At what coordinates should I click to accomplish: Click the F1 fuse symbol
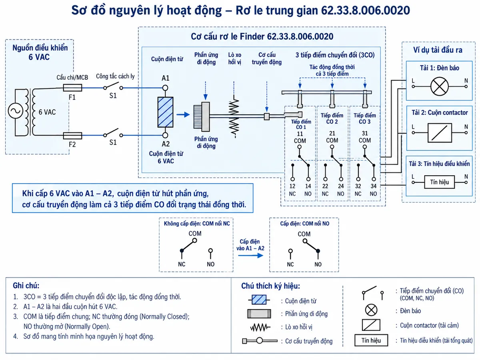[72, 88]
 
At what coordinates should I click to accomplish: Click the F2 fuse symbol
[72, 136]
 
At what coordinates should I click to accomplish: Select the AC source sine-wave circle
[16, 111]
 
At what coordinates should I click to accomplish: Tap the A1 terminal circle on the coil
[165, 88]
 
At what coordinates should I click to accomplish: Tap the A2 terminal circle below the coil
[165, 135]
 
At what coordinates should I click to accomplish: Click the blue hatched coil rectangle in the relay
[165, 112]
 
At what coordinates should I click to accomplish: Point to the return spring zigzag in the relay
[234, 116]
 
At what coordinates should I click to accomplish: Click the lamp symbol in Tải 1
[439, 86]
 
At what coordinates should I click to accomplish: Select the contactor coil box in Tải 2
[440, 133]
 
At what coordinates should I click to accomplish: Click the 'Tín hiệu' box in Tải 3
[439, 182]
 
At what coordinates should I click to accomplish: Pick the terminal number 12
[292, 186]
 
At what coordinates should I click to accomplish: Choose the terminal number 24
[341, 186]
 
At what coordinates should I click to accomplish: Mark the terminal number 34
[374, 186]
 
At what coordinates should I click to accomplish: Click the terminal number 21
[332, 133]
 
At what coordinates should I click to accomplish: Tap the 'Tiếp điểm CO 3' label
[365, 118]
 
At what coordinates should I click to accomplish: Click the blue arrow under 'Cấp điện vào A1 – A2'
[251, 255]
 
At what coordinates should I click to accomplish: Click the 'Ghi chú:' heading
[26, 286]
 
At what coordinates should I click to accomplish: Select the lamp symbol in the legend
[371, 310]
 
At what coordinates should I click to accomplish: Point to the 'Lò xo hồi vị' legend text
[299, 327]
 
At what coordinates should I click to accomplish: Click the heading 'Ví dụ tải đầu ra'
[438, 50]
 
